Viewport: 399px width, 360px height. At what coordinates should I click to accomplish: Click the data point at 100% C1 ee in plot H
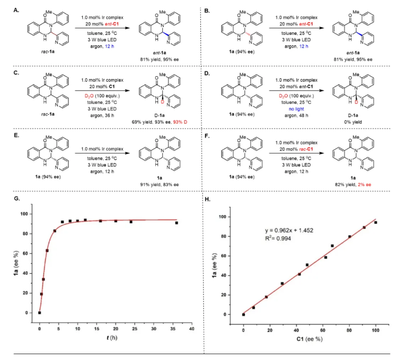[376, 223]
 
